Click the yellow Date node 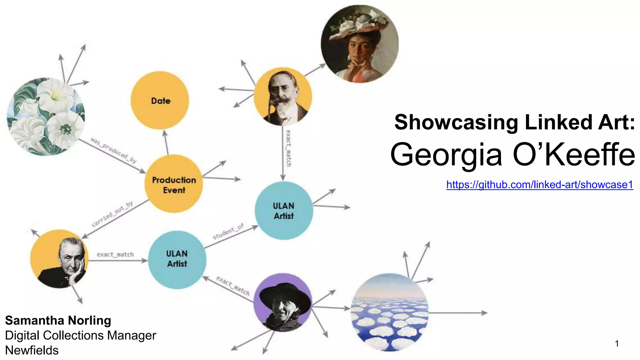(x=160, y=100)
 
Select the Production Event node (x=174, y=184)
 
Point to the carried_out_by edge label (x=112, y=214)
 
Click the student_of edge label (x=228, y=232)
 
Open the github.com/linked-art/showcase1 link (x=539, y=185)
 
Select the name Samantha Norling (x=58, y=321)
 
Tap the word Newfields (x=32, y=350)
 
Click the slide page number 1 (x=617, y=344)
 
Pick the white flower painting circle (x=46, y=117)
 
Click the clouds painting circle (x=389, y=312)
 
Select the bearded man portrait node (x=283, y=97)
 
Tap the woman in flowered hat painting (x=360, y=44)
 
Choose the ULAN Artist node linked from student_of (x=284, y=211)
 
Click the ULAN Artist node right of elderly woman (x=177, y=259)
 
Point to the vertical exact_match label (x=288, y=148)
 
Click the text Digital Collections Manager (x=80, y=336)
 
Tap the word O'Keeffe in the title (x=574, y=154)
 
